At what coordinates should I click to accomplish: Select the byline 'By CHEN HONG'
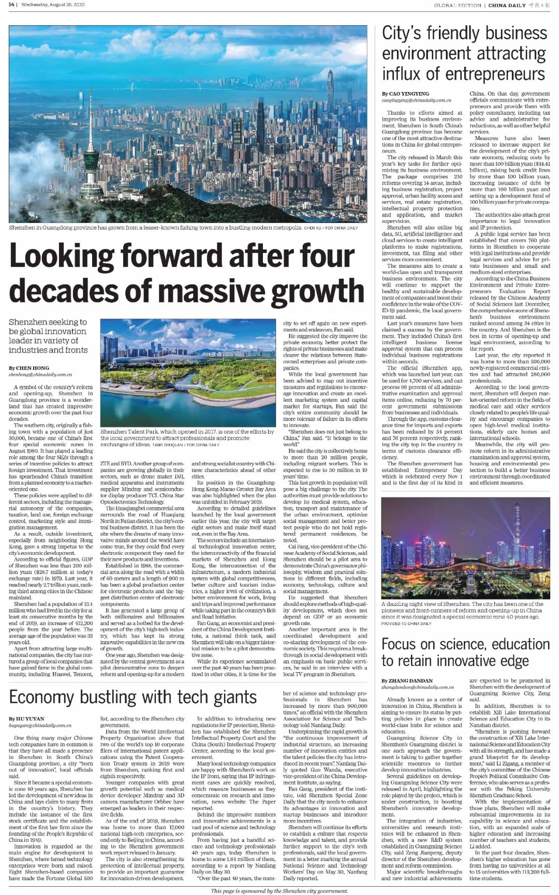pyautogui.click(x=29, y=368)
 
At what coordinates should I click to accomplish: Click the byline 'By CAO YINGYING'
pyautogui.click(x=405, y=94)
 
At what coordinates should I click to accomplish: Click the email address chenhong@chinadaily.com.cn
pyautogui.click(x=40, y=374)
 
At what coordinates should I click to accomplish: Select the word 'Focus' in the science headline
pyautogui.click(x=398, y=644)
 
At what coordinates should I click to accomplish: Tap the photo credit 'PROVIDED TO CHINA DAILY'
pyautogui.click(x=406, y=623)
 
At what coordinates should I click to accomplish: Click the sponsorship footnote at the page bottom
pyautogui.click(x=279, y=891)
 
